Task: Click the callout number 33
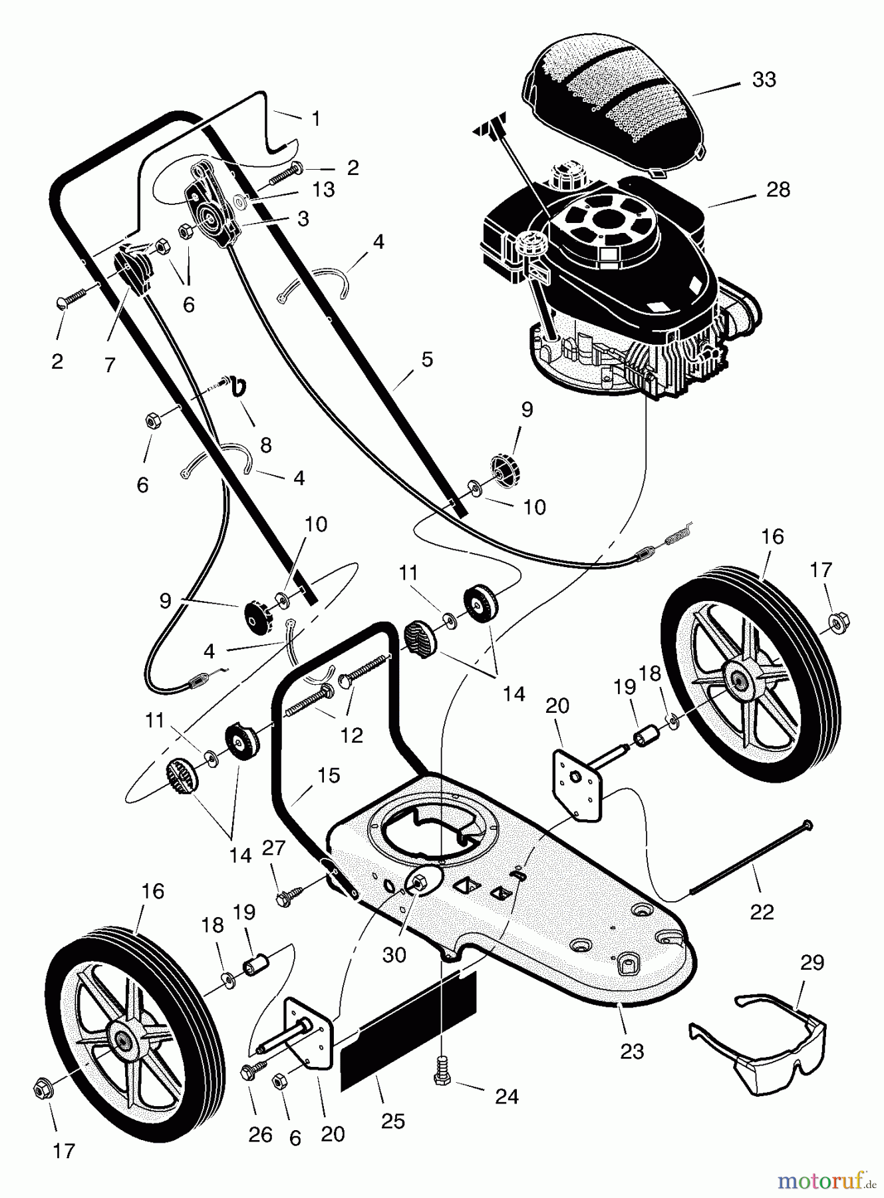point(764,79)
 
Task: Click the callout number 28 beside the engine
point(778,190)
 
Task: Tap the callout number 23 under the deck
point(632,1051)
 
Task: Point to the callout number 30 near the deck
point(394,955)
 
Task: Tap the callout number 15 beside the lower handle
point(329,775)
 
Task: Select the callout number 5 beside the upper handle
point(427,359)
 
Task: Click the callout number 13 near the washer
point(323,190)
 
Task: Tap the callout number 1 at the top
point(316,119)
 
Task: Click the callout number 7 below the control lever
point(110,364)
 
